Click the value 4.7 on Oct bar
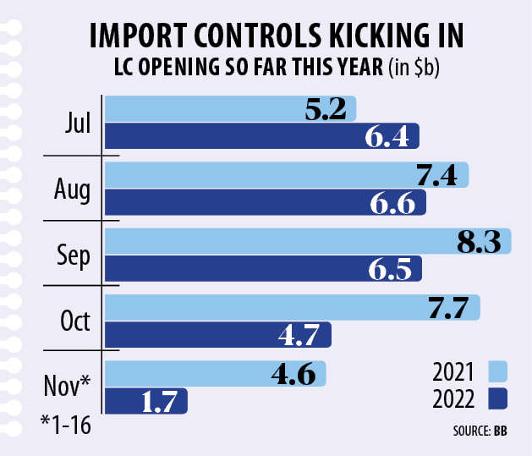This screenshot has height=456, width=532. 299,336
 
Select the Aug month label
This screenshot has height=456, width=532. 73,190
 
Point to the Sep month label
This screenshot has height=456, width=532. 73,256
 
